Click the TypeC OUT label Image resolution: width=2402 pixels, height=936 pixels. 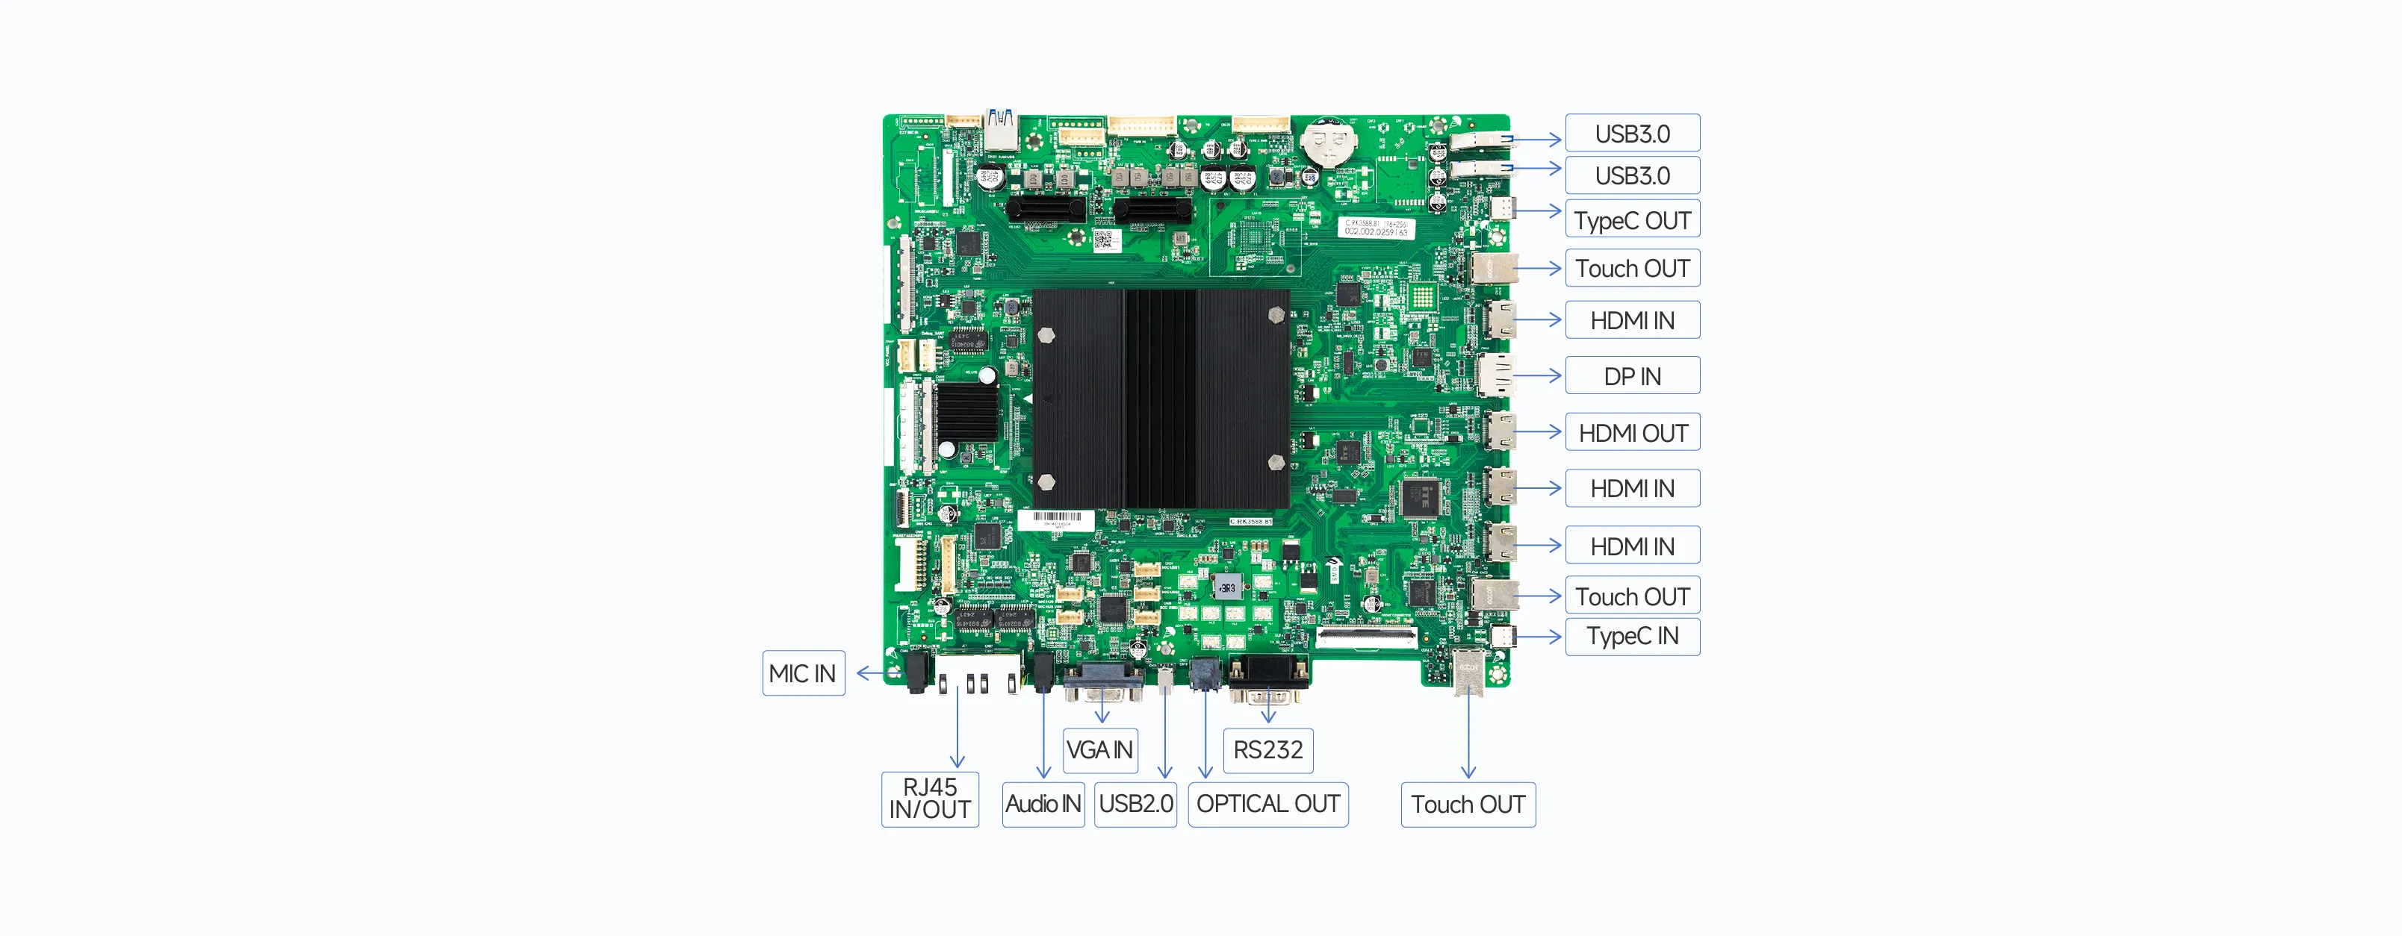[1632, 220]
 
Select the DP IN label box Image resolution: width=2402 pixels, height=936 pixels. [1632, 375]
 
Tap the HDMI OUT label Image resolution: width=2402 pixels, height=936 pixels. [1632, 433]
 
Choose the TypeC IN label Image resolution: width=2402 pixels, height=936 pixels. [1632, 637]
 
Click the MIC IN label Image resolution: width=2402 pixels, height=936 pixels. [803, 673]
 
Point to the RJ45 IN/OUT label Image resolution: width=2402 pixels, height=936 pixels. [930, 799]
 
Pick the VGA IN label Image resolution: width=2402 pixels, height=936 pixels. [1099, 749]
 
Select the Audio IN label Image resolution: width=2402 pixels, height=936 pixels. [1043, 804]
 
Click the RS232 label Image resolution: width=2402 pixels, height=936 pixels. [1267, 749]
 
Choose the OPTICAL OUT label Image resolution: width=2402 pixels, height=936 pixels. [1267, 804]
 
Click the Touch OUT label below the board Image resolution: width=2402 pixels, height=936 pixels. [1468, 804]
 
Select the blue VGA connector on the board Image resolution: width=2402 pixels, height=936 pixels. [1103, 684]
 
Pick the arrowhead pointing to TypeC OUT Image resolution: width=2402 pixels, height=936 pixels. [1554, 210]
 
